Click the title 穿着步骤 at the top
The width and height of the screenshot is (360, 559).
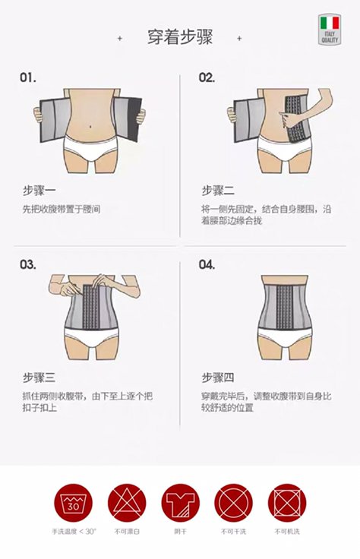[179, 37]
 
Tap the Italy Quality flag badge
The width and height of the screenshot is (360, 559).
[330, 30]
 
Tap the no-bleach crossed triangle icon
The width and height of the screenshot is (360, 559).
[126, 502]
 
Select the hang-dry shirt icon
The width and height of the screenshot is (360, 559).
[180, 502]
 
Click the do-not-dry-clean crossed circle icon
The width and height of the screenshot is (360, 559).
[234, 502]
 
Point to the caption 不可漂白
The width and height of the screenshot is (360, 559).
[126, 531]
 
